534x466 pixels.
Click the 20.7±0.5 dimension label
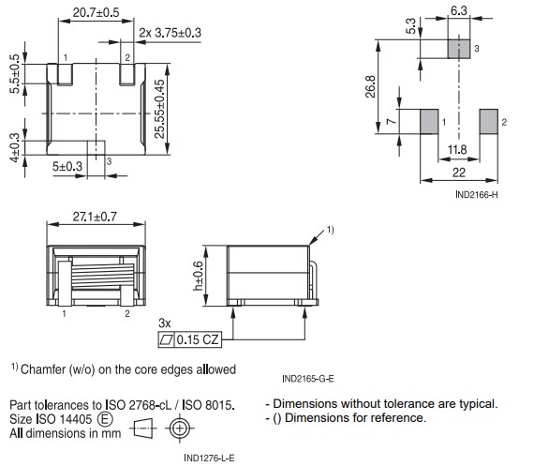[x=96, y=13]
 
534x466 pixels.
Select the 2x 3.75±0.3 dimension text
[x=170, y=33]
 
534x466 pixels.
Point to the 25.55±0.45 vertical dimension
[x=159, y=109]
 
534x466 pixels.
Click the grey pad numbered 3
[x=458, y=48]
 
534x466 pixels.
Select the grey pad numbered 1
[x=427, y=121]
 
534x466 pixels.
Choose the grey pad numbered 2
[x=488, y=121]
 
